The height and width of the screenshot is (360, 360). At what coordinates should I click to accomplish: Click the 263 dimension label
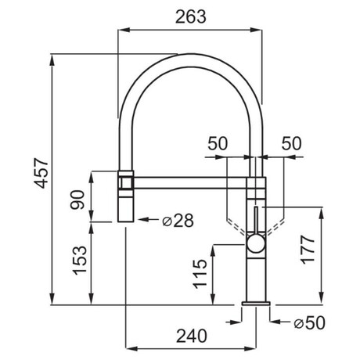pos(191,16)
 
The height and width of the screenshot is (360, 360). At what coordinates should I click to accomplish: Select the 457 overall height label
pos(41,173)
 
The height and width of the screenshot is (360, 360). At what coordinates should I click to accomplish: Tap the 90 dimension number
pos(77,200)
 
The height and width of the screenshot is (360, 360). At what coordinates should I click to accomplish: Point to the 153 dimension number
pos(80,260)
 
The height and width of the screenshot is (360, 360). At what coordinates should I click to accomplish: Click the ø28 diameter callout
pos(178,221)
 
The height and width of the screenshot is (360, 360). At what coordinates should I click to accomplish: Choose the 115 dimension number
pos(200,274)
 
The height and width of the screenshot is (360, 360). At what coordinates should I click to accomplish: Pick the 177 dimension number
pos(308,250)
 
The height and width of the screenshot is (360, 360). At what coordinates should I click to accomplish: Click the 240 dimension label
pos(192,336)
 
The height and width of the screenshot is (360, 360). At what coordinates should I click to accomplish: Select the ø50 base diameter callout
pos(310,322)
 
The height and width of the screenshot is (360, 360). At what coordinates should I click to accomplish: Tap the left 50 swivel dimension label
pos(218,143)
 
